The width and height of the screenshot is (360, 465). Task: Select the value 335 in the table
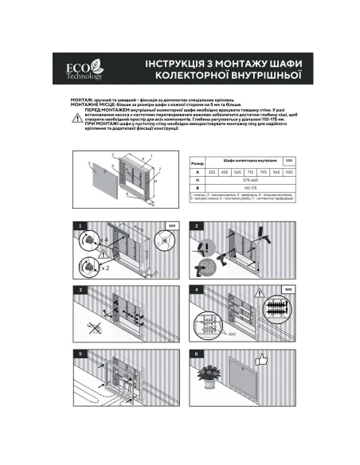click(x=212, y=171)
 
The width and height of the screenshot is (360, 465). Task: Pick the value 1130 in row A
click(x=289, y=171)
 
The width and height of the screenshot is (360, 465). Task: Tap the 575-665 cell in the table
click(x=251, y=181)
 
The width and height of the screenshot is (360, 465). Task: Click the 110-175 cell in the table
click(x=251, y=190)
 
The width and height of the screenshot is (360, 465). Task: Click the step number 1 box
click(x=80, y=227)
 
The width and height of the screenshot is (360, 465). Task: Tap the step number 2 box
click(x=196, y=227)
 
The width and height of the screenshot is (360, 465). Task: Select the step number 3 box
click(x=80, y=289)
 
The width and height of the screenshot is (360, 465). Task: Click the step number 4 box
click(x=196, y=289)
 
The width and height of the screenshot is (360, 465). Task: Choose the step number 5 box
click(x=80, y=352)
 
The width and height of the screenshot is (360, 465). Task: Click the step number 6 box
click(x=196, y=352)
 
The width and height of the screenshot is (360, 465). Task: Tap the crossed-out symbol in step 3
click(x=97, y=326)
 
